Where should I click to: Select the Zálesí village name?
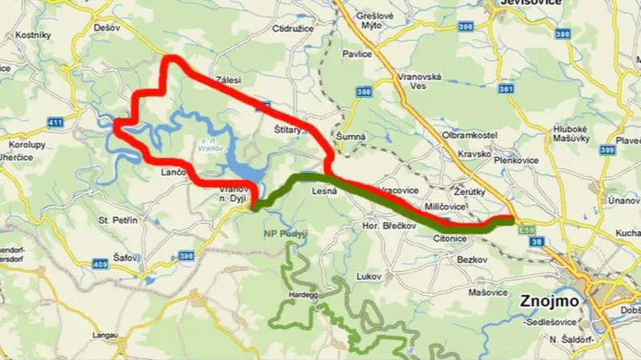pyautogui.click(x=228, y=79)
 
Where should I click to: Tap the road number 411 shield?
pyautogui.click(x=54, y=122)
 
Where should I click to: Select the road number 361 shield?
pyautogui.click(x=505, y=89)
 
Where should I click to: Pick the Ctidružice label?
pyautogui.click(x=292, y=28)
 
